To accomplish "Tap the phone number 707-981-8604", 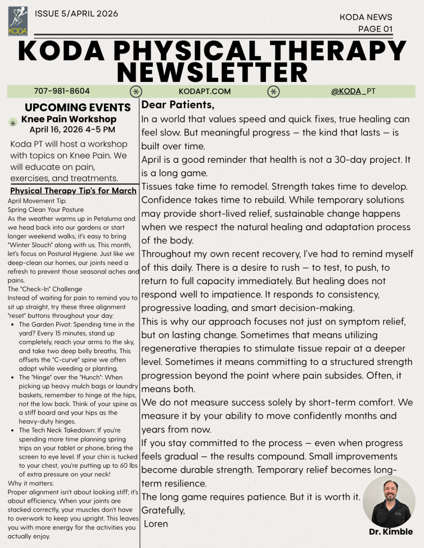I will (x=62, y=91).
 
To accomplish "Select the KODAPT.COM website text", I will (x=204, y=91).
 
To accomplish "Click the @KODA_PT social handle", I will (x=353, y=91).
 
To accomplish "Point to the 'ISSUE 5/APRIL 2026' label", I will (x=76, y=13).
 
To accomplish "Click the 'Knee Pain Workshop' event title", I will (x=69, y=119).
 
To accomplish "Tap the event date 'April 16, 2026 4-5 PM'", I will (x=72, y=130).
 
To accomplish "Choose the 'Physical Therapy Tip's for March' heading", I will (x=73, y=191).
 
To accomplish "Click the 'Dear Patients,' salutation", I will (x=178, y=104).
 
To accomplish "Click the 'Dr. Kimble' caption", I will (x=391, y=532).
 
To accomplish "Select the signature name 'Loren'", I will (x=156, y=524).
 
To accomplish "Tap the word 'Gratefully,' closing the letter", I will (x=163, y=511).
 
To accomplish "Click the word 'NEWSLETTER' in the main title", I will (x=212, y=72).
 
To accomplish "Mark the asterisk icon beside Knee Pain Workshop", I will (x=13, y=123).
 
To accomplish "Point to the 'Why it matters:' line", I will (x=30, y=484).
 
